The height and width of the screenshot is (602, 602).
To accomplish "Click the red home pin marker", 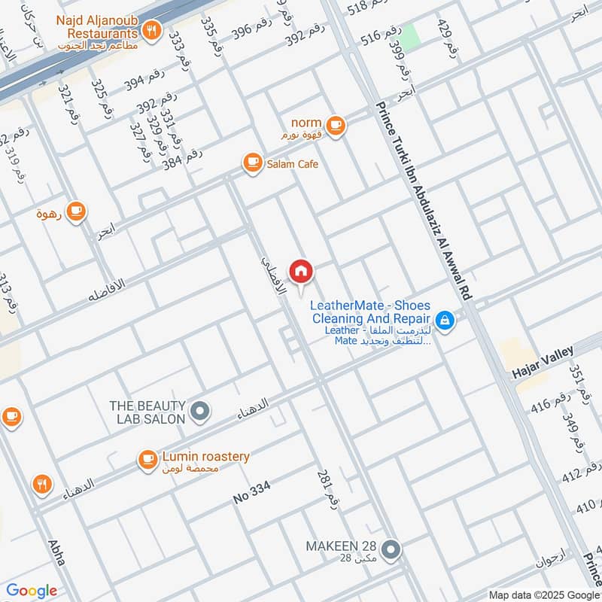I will click(301, 272).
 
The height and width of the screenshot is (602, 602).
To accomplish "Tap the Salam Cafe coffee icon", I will click(251, 163).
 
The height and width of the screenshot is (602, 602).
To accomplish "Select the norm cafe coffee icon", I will click(336, 126).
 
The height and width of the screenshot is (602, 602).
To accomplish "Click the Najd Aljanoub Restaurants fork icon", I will click(153, 31).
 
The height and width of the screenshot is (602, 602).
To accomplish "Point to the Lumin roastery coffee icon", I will click(147, 459).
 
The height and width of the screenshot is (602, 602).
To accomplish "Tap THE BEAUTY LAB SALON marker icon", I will click(200, 411).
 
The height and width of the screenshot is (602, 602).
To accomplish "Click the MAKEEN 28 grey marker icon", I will click(390, 550).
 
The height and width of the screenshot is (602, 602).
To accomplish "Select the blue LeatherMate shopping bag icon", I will click(445, 321).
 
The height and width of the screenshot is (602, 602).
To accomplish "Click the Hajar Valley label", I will click(542, 357).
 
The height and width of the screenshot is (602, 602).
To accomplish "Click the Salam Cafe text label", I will click(292, 163).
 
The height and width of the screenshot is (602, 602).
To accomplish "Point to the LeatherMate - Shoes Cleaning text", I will click(371, 312).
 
